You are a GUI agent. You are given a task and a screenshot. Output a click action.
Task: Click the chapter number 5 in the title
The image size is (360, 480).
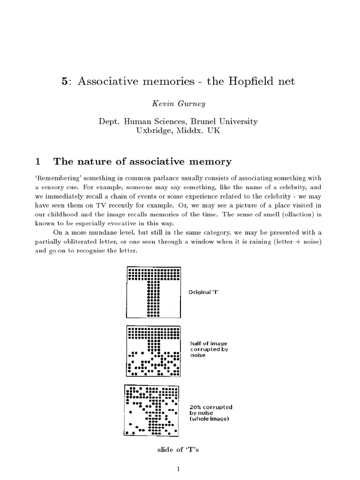coord(65,82)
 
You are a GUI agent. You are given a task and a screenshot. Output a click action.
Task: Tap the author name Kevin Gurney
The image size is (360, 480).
coord(180,104)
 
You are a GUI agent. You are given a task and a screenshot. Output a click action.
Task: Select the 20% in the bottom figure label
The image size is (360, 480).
coord(196,407)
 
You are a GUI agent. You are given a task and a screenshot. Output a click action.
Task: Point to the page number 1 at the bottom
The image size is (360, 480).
coord(180,469)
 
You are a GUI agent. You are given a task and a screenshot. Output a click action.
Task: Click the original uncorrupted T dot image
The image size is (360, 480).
coord(153,291)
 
